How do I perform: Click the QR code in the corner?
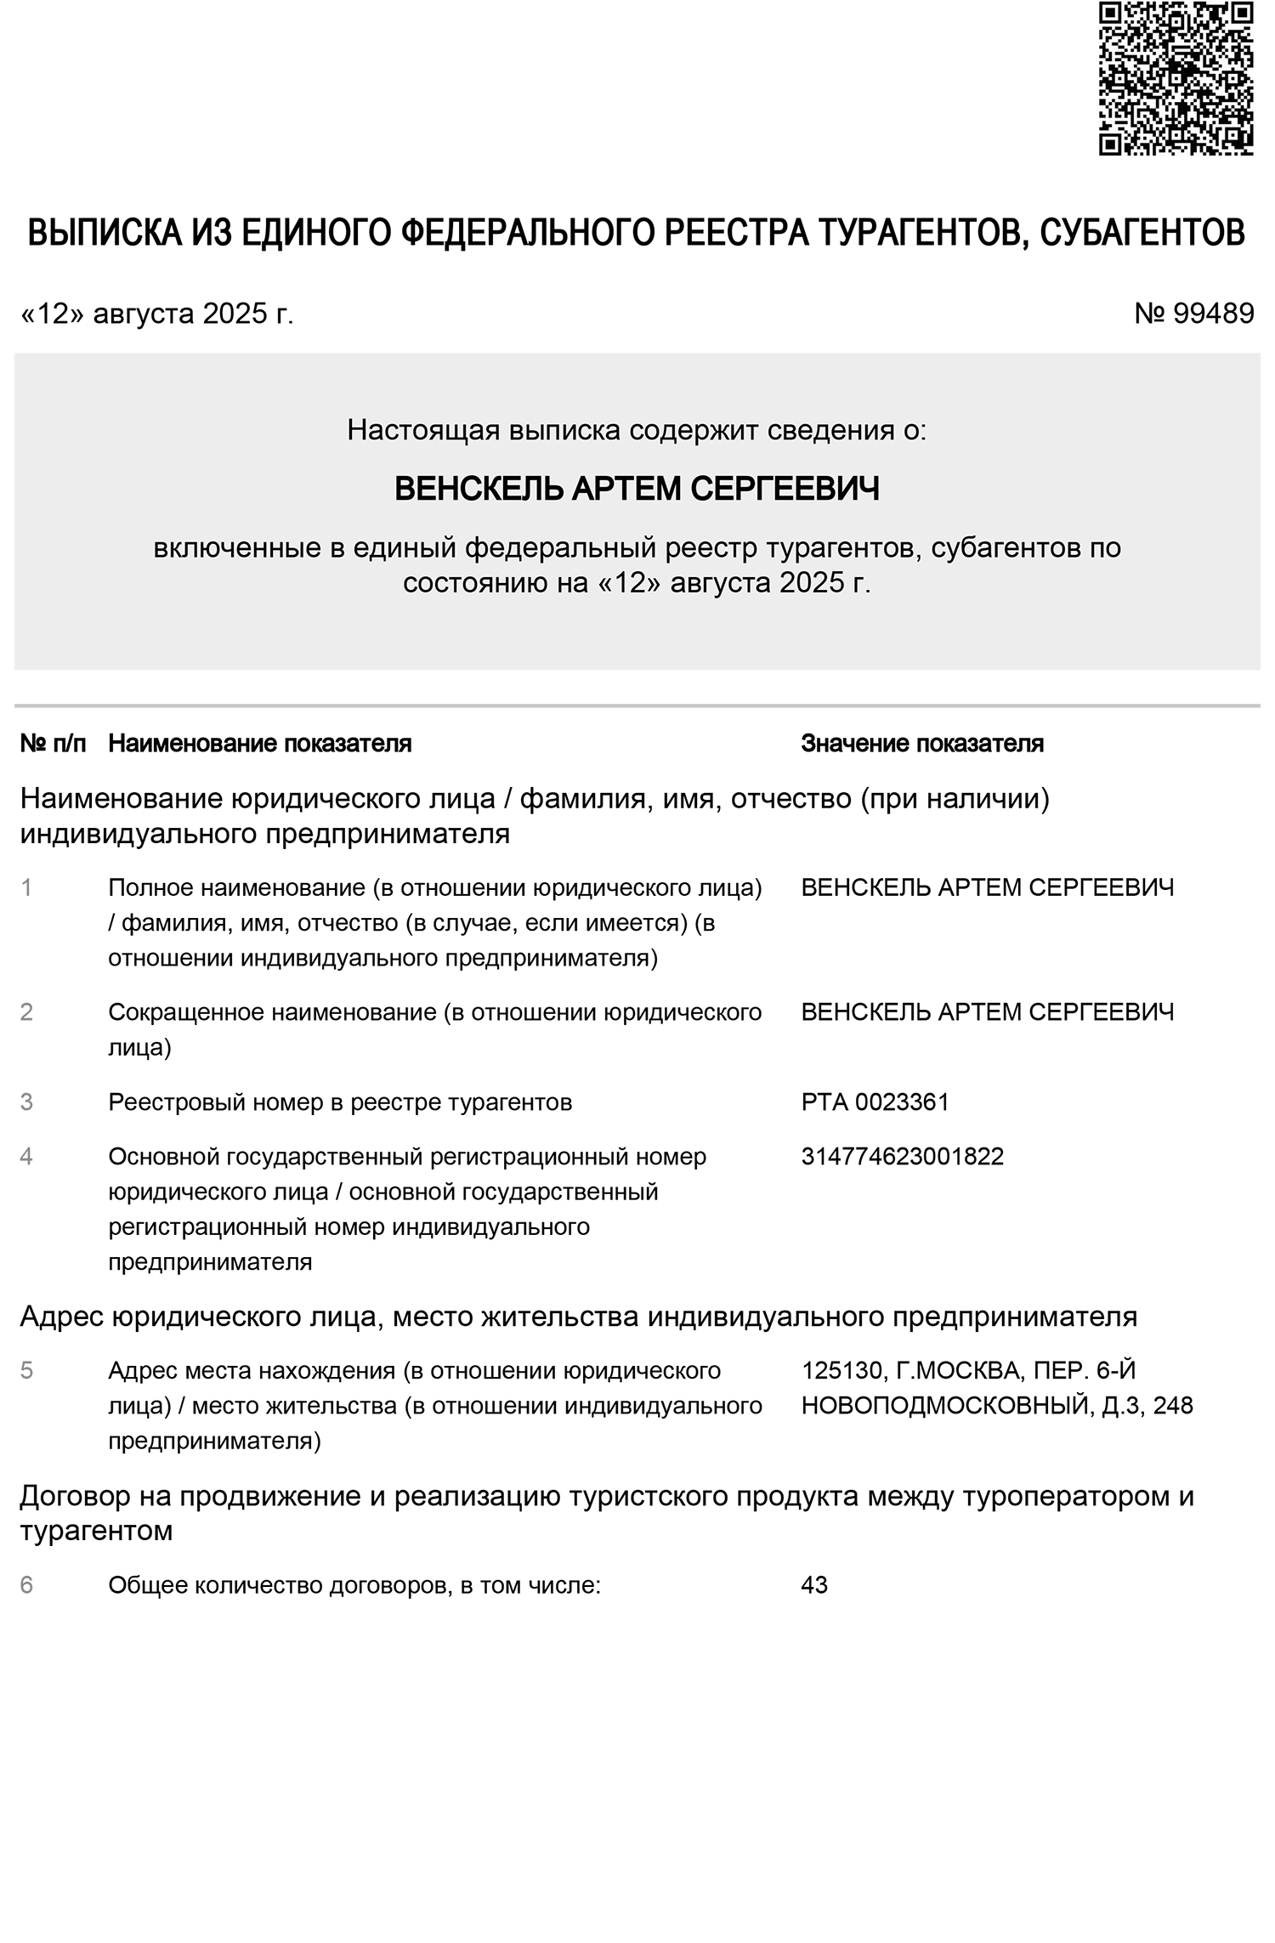(x=1176, y=77)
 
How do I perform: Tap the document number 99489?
(x=1213, y=314)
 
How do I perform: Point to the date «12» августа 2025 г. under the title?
(x=157, y=314)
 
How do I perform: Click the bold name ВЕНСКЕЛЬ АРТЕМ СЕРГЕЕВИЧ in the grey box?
(x=637, y=489)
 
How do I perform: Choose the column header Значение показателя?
(x=922, y=744)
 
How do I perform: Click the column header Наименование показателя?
(x=259, y=744)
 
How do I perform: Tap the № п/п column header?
(x=53, y=744)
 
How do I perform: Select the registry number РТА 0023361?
(x=875, y=1102)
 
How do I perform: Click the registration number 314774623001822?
(x=902, y=1157)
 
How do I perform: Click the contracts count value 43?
(x=814, y=1585)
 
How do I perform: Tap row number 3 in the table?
(x=26, y=1102)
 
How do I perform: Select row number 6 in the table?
(x=26, y=1585)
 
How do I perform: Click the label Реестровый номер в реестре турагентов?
(x=340, y=1102)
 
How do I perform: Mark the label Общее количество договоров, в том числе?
(x=354, y=1585)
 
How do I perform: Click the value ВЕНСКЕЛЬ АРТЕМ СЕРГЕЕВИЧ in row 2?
(x=987, y=1012)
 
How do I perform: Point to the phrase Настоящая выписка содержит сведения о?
(x=637, y=430)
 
